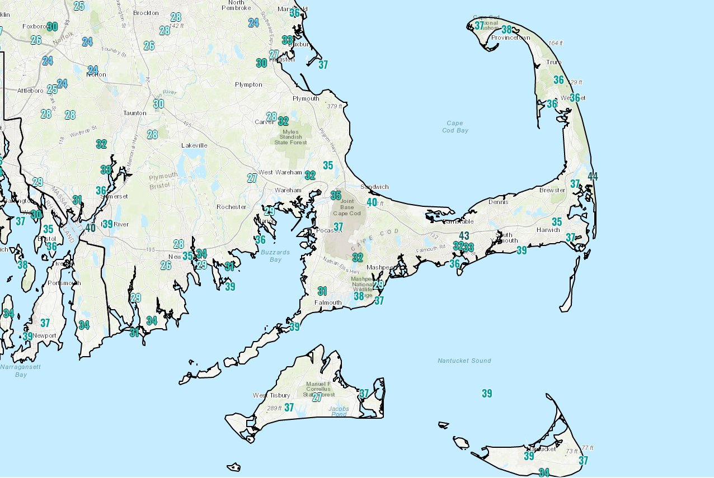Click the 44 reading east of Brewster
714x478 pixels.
point(593,177)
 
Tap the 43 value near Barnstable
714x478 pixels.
point(464,236)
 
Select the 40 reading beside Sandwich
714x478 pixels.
point(372,202)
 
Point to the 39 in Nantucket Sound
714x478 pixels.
point(487,394)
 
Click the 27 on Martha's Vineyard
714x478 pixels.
point(317,397)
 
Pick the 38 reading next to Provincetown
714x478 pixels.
point(506,30)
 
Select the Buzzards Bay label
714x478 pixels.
point(275,256)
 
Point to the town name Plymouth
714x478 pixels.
point(306,98)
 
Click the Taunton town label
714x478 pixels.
point(134,113)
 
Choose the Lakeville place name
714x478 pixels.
point(194,145)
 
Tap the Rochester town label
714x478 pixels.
point(231,207)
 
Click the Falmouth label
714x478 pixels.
point(328,302)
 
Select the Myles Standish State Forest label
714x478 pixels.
point(290,137)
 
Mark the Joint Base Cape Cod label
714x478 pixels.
point(347,207)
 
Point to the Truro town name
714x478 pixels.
point(553,63)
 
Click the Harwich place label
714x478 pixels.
point(548,230)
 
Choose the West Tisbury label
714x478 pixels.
point(271,395)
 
